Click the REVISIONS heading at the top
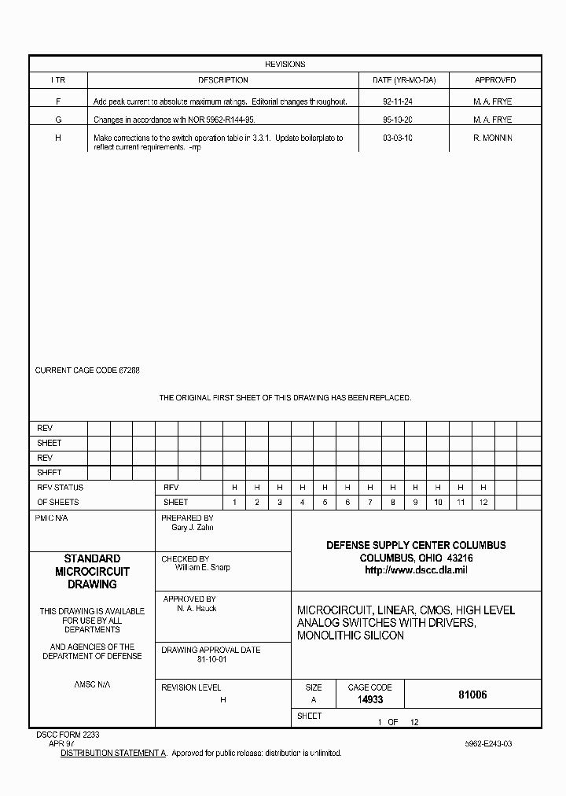[285, 64]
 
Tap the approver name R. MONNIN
[493, 138]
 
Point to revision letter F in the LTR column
[58, 101]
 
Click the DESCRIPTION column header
[222, 80]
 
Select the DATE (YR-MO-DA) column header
[403, 80]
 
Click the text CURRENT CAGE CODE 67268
[87, 370]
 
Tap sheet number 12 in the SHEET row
[483, 502]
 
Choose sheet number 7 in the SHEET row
[370, 502]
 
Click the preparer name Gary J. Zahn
[193, 528]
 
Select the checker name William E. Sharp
[203, 567]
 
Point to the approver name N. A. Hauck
[197, 608]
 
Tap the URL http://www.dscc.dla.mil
[416, 570]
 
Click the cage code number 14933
[369, 698]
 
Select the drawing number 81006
[472, 695]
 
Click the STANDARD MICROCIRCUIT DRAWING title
[92, 571]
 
